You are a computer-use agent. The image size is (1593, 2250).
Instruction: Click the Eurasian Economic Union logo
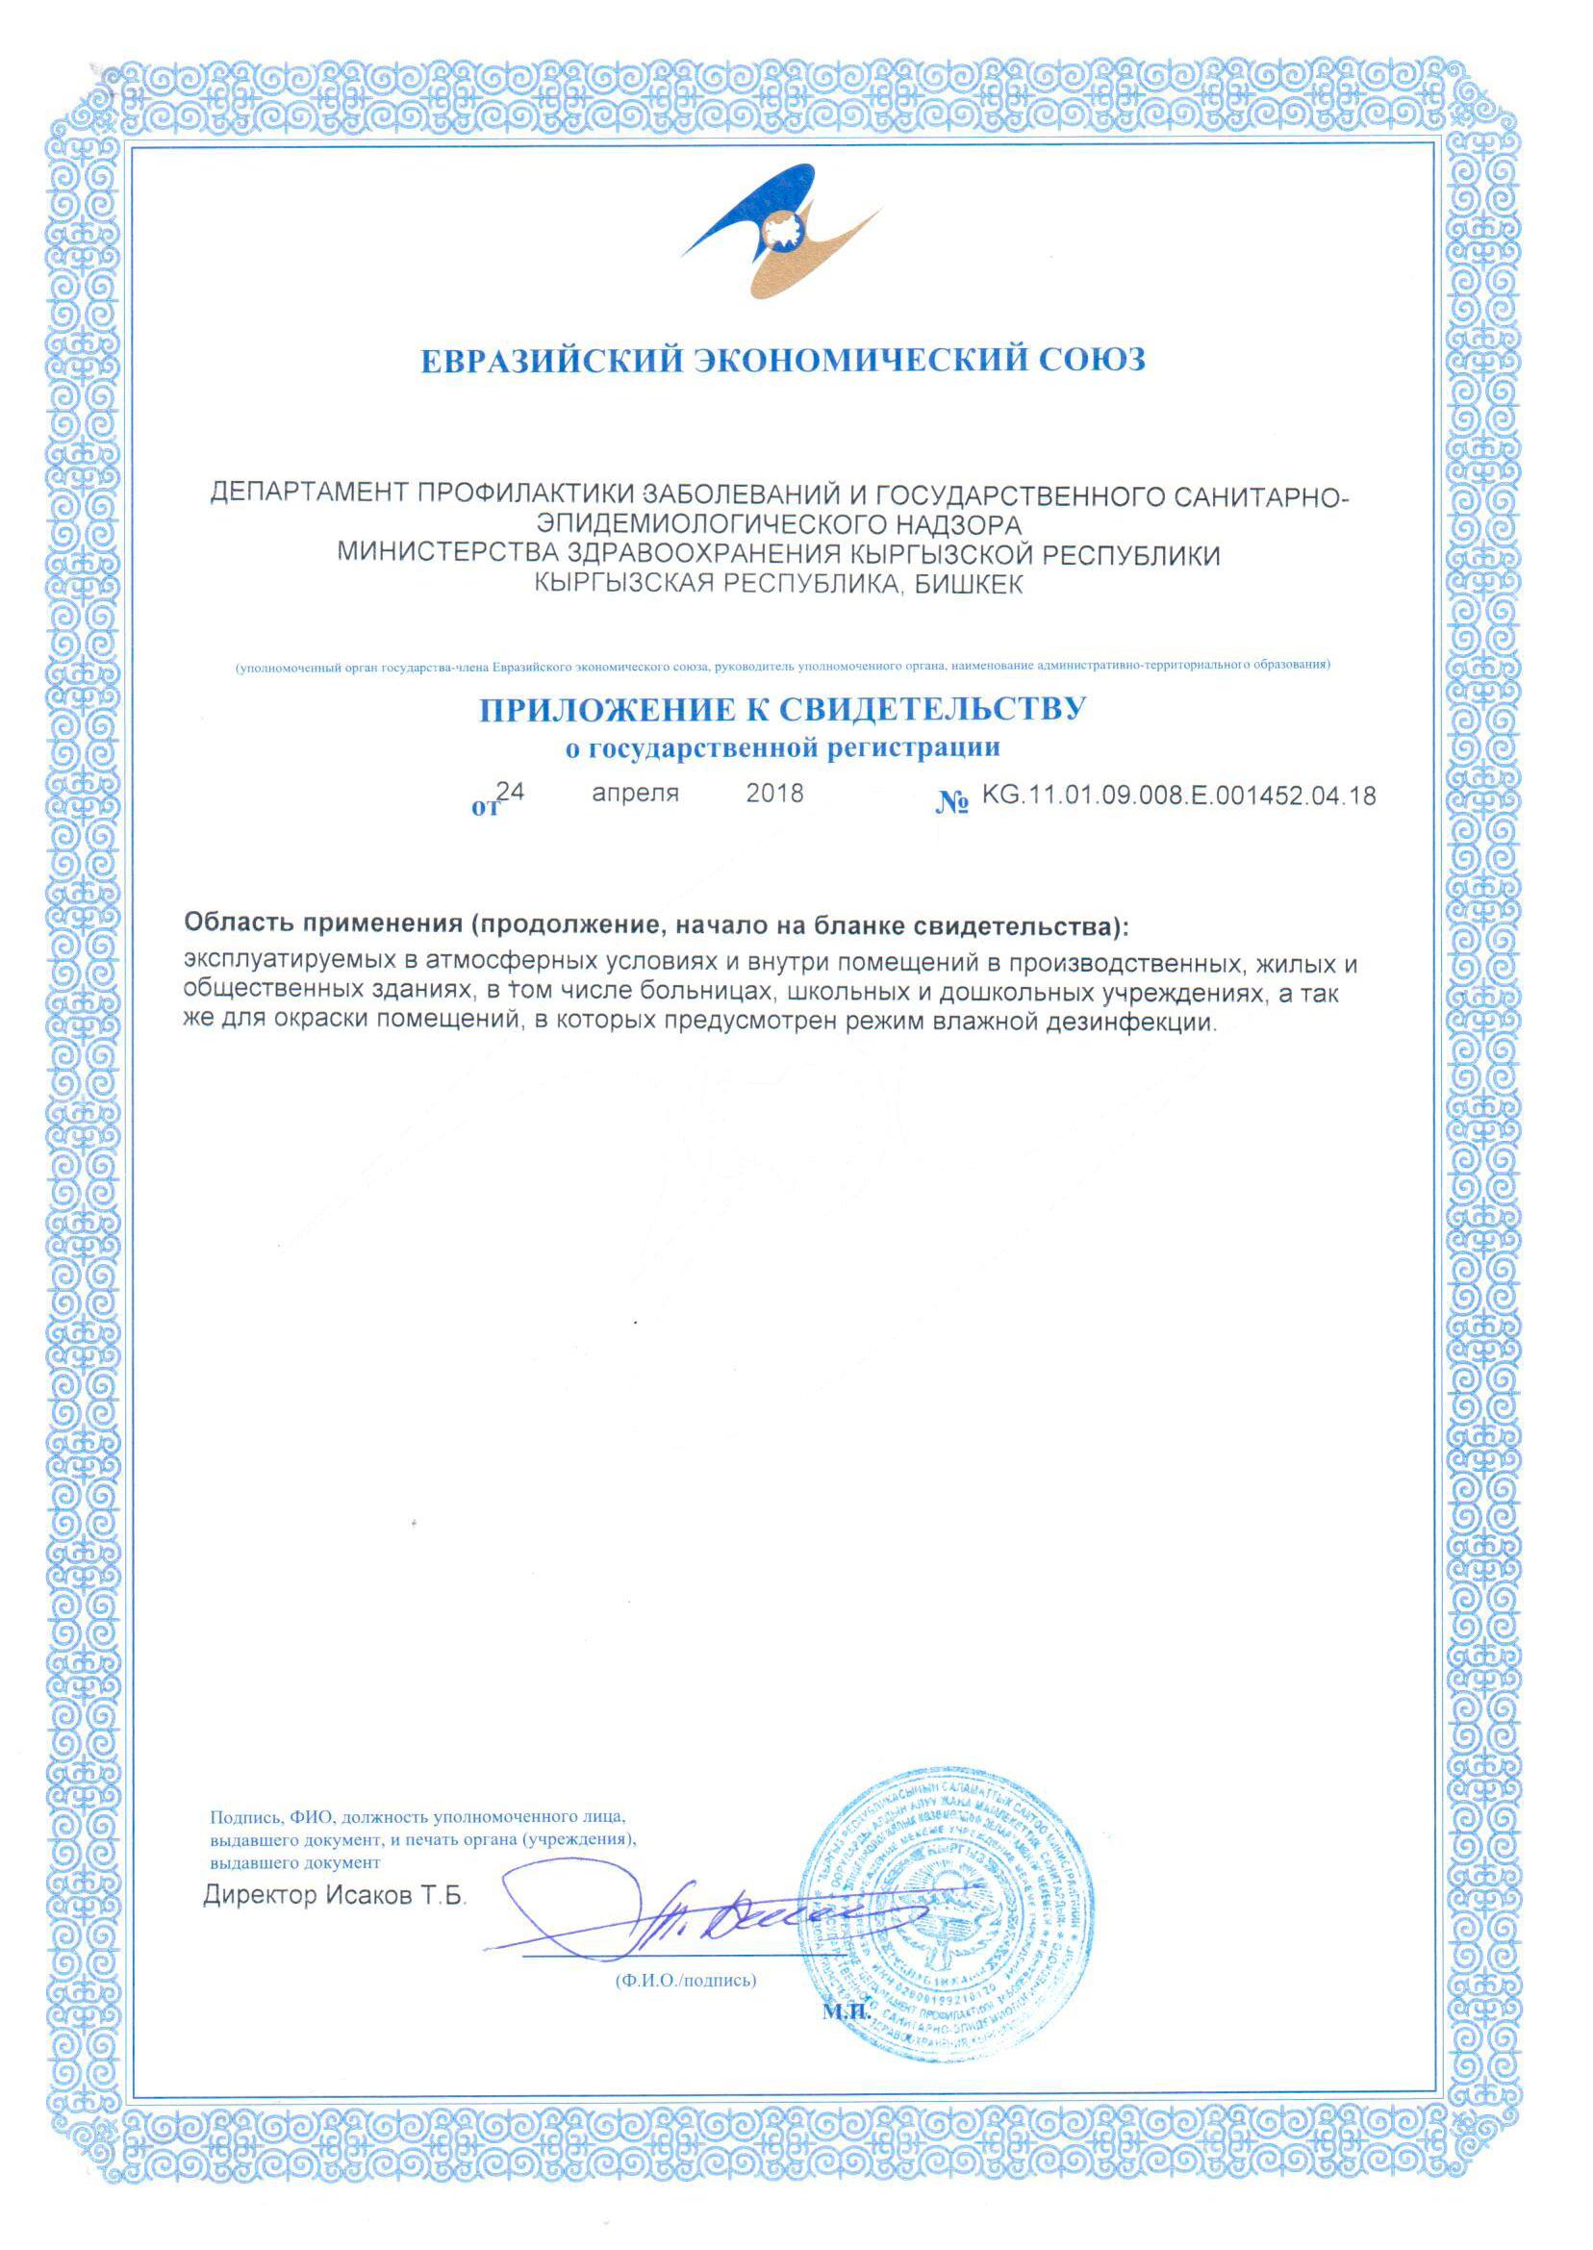[x=782, y=235]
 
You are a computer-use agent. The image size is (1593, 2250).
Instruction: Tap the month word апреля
[x=635, y=793]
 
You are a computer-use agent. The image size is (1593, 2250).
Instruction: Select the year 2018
[x=774, y=793]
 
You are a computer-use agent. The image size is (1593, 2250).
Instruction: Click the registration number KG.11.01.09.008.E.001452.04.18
[x=1178, y=796]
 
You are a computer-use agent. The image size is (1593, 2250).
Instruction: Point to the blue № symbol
[x=952, y=803]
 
